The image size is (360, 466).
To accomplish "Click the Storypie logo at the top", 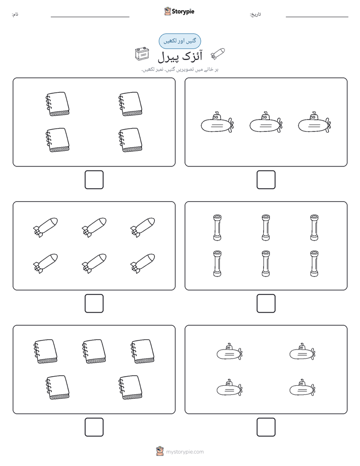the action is tap(179, 11).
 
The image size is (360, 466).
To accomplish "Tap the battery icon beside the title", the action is tap(142, 54).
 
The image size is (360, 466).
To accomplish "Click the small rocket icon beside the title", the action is tap(217, 54).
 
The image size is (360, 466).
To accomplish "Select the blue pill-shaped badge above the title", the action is tap(179, 41).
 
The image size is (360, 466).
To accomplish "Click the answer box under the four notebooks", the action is tap(94, 180).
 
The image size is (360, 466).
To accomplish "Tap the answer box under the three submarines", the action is tap(266, 180).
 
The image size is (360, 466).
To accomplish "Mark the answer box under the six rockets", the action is tap(94, 304).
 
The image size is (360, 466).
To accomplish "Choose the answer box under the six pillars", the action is tap(266, 304).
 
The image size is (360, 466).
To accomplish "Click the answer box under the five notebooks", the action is tap(94, 427).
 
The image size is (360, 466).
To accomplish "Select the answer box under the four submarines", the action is tap(266, 427).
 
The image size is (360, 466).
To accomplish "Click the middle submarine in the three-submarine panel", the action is tap(266, 122).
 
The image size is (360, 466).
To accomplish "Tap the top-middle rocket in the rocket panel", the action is tap(94, 227).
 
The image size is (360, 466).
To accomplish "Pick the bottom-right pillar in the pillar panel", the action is tap(314, 264).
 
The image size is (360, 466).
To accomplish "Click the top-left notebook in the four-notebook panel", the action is tap(57, 104).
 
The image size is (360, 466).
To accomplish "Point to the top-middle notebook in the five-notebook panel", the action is tap(94, 352).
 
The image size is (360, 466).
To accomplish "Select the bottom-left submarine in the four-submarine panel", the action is tap(229, 387).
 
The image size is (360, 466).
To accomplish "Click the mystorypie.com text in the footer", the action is tap(185, 452).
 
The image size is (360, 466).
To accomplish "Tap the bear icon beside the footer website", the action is tap(160, 451).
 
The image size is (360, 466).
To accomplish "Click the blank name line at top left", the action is tap(90, 17).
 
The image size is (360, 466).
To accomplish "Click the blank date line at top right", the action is tap(317, 17).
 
